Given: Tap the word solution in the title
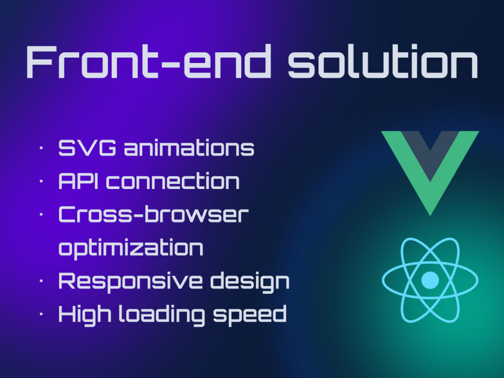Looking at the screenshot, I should (x=383, y=62).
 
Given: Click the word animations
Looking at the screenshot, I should (x=189, y=148).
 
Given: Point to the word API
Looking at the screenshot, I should (x=79, y=181).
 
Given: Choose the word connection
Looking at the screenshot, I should (x=173, y=181).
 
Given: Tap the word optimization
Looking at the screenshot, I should (x=131, y=248).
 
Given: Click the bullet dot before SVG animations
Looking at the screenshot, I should (x=41, y=149).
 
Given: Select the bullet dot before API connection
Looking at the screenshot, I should (x=41, y=182).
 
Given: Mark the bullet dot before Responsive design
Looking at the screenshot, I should (x=41, y=281).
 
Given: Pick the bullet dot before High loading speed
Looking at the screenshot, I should (x=41, y=314).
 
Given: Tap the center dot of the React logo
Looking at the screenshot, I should (x=430, y=280).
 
